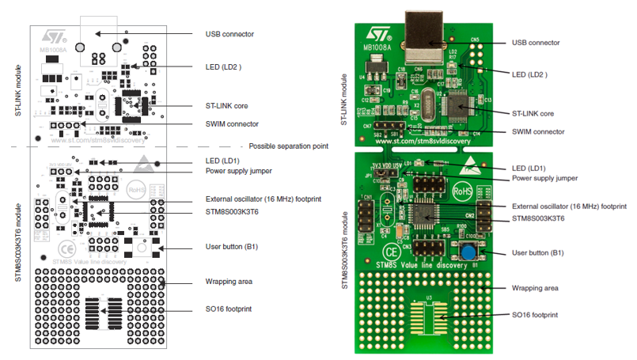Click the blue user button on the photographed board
click(x=471, y=252)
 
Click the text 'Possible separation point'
click(x=288, y=146)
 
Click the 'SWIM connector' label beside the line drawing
click(x=231, y=123)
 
